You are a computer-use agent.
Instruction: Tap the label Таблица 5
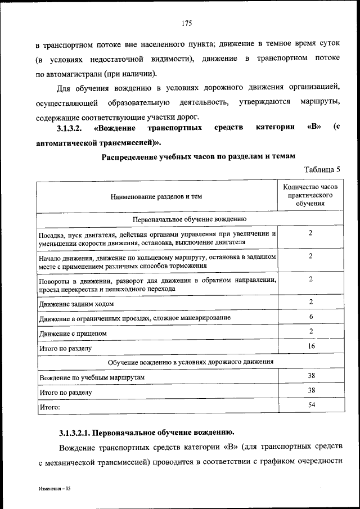pos(322,169)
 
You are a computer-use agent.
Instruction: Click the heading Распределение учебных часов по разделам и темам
pos(198,156)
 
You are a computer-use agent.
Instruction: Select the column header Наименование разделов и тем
pos(156,196)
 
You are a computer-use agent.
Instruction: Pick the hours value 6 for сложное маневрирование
pos(310,317)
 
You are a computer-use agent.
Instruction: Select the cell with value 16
pos(310,346)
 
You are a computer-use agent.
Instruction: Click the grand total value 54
pos(310,405)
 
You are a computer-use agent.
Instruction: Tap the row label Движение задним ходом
pos(76,304)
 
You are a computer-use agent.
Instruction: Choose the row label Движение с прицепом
pos(73,333)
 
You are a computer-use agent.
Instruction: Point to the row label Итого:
pos(49,406)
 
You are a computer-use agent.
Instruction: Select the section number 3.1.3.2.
pos(71,128)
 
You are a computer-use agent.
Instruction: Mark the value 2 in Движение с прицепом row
pos(310,332)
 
